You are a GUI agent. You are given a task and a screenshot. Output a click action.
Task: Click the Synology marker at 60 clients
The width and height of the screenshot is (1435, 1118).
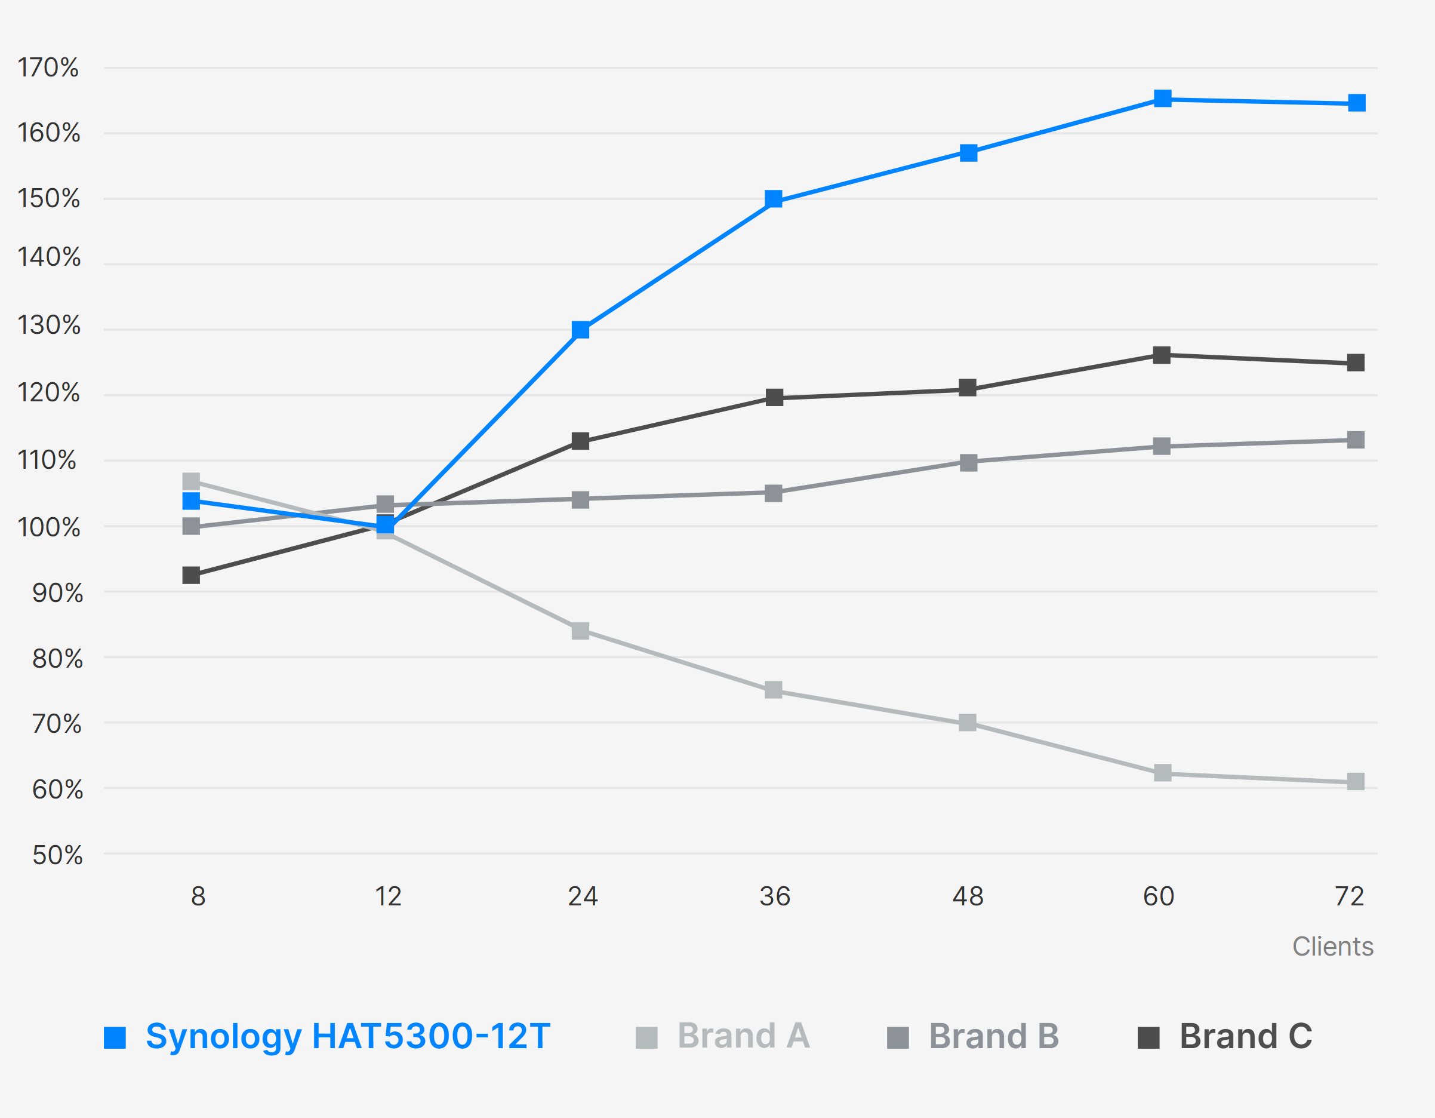click(x=1162, y=99)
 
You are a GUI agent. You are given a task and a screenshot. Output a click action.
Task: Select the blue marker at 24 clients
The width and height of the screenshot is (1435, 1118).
click(x=580, y=329)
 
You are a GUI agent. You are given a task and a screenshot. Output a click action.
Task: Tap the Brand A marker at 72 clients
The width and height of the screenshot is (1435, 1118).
click(x=1356, y=782)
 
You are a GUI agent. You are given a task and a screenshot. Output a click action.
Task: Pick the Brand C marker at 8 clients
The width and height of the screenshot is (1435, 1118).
click(x=191, y=575)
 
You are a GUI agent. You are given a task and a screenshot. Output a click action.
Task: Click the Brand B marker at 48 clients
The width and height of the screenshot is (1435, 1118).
click(x=968, y=463)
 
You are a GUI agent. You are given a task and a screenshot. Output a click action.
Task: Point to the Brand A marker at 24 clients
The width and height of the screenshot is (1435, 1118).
click(x=580, y=631)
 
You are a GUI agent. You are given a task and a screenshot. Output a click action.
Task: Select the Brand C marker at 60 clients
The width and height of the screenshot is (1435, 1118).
click(x=1162, y=355)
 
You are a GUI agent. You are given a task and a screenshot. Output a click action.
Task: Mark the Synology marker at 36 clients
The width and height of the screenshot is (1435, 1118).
click(x=774, y=199)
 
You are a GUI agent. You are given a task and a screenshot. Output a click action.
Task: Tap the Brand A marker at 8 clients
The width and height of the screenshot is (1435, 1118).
click(x=191, y=481)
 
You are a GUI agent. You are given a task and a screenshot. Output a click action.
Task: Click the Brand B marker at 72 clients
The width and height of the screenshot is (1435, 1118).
click(x=1356, y=440)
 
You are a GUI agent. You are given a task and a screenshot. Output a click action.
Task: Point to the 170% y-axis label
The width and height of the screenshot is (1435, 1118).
click(x=48, y=67)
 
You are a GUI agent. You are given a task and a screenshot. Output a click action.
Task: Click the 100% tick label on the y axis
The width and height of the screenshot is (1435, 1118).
click(x=48, y=528)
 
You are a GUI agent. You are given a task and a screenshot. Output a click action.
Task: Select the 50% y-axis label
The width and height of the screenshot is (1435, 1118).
click(x=57, y=855)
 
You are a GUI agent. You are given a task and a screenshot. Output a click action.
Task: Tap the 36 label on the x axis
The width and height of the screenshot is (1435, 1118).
click(x=775, y=896)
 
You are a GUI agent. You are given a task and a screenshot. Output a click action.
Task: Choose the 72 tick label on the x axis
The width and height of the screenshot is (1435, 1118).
click(x=1350, y=896)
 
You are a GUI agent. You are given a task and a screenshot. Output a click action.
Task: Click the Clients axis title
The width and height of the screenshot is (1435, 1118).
click(x=1332, y=947)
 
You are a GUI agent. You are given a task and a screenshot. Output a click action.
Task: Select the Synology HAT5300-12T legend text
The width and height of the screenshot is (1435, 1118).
click(x=347, y=1037)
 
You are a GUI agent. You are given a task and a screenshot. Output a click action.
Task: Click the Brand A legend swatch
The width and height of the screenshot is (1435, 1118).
click(x=646, y=1038)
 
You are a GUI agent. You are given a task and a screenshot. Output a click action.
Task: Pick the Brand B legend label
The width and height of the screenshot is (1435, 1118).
click(x=993, y=1037)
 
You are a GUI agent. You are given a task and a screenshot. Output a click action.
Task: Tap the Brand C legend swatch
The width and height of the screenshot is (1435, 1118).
click(x=1148, y=1038)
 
